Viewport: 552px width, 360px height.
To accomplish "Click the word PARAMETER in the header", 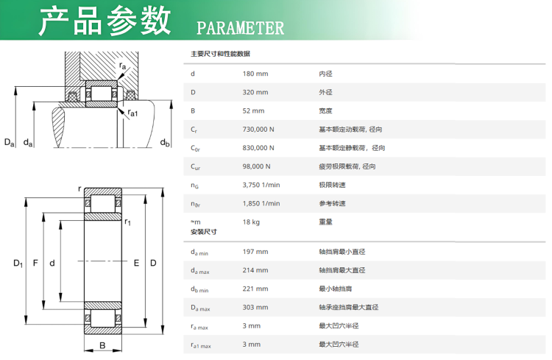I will pyautogui.click(x=240, y=28).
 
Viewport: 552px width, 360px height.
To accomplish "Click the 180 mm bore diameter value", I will pyautogui.click(x=255, y=74).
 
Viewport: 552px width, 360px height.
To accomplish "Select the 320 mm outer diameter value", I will pyautogui.click(x=255, y=92).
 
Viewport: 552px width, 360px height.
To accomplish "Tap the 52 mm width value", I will pyautogui.click(x=253, y=110).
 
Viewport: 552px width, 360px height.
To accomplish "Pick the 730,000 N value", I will pyautogui.click(x=258, y=130).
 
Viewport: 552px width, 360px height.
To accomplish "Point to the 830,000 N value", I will pyautogui.click(x=258, y=148).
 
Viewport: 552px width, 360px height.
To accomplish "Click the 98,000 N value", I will pyautogui.click(x=257, y=166).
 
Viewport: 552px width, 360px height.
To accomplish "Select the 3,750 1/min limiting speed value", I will pyautogui.click(x=261, y=185).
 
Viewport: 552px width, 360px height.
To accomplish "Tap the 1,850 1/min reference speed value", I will pyautogui.click(x=261, y=203).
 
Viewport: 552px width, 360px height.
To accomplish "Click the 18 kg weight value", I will pyautogui.click(x=252, y=222).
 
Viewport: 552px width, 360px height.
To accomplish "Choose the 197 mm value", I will pyautogui.click(x=255, y=252).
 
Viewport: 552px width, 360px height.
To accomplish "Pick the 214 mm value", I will pyautogui.click(x=255, y=270).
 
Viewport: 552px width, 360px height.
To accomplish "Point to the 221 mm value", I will pyautogui.click(x=255, y=289).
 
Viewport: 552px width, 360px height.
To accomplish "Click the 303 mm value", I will pyautogui.click(x=255, y=307).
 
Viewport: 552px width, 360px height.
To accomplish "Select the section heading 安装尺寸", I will pyautogui.click(x=204, y=232).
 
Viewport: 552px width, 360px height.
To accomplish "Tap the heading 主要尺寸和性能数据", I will pyautogui.click(x=220, y=54).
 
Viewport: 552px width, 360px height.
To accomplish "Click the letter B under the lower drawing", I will pyautogui.click(x=102, y=346).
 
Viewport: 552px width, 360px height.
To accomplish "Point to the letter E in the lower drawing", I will pyautogui.click(x=135, y=263).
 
